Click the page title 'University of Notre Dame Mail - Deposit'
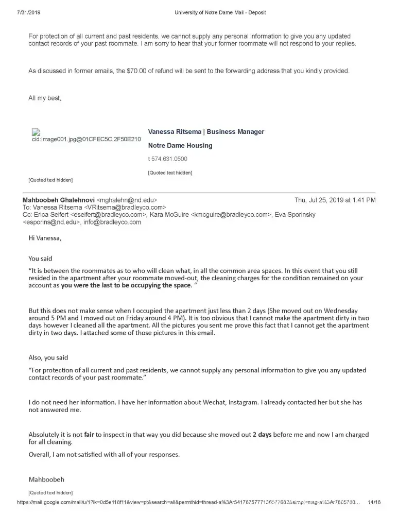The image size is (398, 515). tap(220, 12)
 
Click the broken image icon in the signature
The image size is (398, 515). tap(36, 132)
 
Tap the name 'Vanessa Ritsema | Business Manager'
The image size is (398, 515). tap(206, 132)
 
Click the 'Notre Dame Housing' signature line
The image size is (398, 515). tap(180, 146)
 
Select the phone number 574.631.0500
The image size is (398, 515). tap(169, 159)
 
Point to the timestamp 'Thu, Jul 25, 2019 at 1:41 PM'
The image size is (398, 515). tap(335, 200)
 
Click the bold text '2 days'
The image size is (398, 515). tap(262, 435)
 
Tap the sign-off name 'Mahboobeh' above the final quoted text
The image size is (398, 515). tap(46, 479)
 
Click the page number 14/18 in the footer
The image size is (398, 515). tap(374, 502)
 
